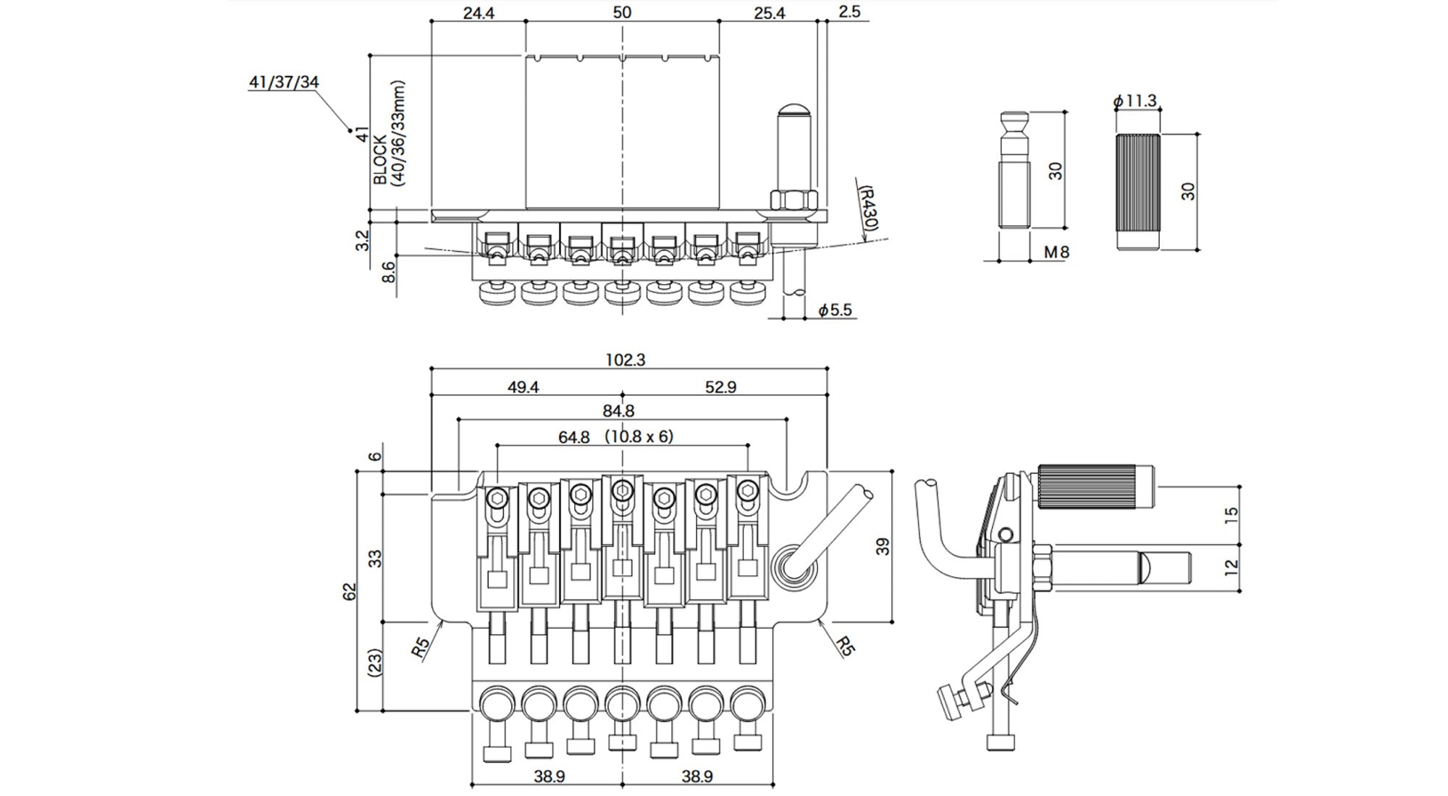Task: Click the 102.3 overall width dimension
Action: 625,360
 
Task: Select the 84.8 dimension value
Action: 618,411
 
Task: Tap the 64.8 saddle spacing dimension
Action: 573,437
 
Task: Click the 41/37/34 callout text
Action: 283,82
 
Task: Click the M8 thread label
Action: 1056,252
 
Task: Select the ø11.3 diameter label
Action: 1135,101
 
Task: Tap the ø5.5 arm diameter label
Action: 835,310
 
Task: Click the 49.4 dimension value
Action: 523,387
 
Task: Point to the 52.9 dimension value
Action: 720,387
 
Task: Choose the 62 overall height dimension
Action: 350,591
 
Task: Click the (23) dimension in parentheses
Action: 375,662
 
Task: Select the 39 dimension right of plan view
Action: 882,546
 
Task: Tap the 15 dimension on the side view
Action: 1232,515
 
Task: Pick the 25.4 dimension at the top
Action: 769,13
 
